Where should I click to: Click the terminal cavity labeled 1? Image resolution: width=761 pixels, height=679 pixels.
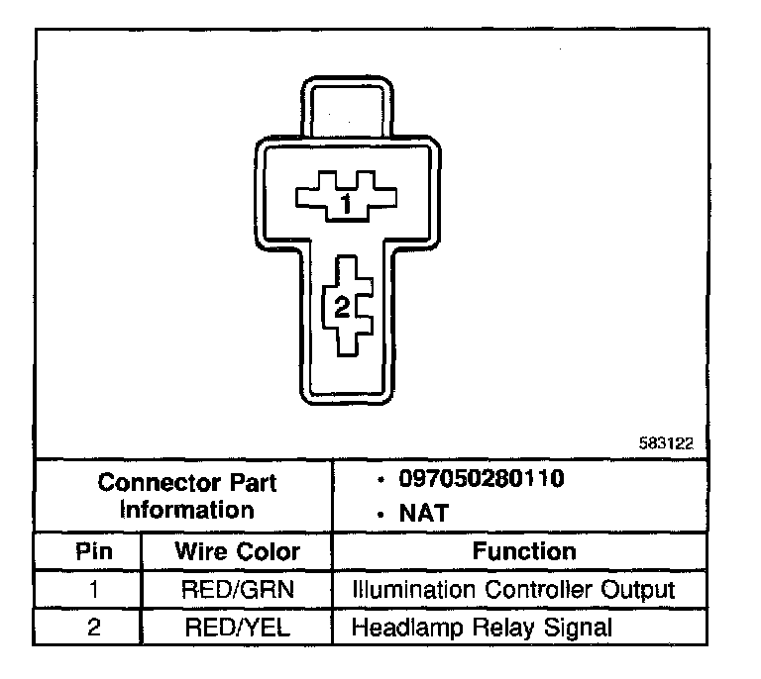point(344,199)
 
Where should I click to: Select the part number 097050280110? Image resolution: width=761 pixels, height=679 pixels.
point(482,480)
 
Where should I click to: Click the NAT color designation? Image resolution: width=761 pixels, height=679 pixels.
point(424,513)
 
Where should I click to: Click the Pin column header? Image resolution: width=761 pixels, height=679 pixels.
point(93,551)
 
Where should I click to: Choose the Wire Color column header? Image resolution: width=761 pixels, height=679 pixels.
point(237,551)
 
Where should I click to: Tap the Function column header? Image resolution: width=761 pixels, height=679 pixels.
point(523,551)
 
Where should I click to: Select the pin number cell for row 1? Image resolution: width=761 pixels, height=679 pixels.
point(93,590)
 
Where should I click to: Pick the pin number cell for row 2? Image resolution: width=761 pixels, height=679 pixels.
point(93,627)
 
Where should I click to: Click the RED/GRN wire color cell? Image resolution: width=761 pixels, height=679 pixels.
point(237,590)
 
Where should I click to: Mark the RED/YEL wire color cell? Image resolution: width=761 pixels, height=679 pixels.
point(237,627)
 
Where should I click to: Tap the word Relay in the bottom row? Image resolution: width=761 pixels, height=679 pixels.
point(490,627)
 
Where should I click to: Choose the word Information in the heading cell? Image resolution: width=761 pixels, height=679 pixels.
point(187,511)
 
